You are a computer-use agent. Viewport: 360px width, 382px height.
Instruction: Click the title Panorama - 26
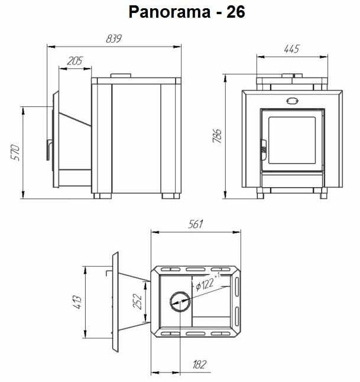click(187, 12)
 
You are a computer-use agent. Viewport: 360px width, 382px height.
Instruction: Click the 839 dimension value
click(113, 39)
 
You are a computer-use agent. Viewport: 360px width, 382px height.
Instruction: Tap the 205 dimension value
click(75, 61)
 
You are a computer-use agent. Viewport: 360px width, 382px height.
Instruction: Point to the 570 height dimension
click(15, 152)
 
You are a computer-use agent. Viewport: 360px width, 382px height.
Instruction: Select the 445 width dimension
click(291, 49)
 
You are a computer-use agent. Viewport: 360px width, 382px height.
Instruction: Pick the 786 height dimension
click(217, 136)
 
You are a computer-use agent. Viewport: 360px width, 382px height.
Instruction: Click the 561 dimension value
click(195, 224)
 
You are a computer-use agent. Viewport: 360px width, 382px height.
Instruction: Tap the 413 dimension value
click(78, 302)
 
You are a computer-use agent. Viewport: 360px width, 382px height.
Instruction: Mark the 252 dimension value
click(137, 302)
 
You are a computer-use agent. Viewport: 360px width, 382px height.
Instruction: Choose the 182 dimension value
click(200, 365)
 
